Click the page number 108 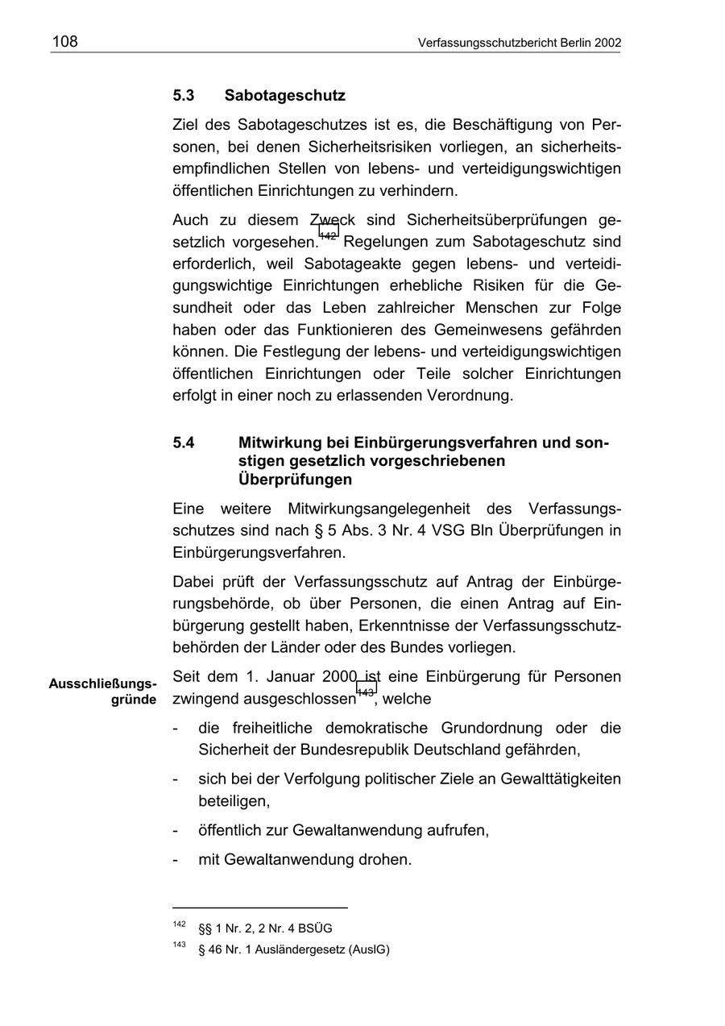click(x=65, y=41)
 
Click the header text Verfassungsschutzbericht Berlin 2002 click(x=520, y=43)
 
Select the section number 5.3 click(x=184, y=96)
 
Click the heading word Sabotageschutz click(x=285, y=96)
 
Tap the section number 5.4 click(x=184, y=443)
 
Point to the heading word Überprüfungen click(x=296, y=480)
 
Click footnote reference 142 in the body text click(x=329, y=235)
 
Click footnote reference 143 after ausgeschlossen click(x=366, y=692)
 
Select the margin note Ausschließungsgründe click(x=103, y=692)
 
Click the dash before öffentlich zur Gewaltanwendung click(x=176, y=830)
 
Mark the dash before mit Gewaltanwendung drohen click(x=176, y=860)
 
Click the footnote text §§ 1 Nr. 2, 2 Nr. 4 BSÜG click(x=265, y=928)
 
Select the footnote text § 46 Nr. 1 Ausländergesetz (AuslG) click(x=293, y=950)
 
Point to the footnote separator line click(x=260, y=908)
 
